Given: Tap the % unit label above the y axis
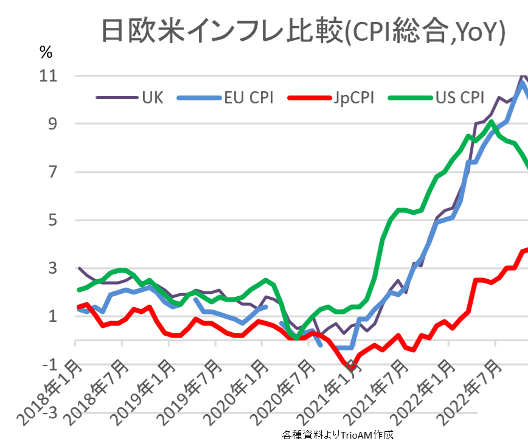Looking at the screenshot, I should (46, 53).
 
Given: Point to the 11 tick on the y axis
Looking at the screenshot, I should (49, 76).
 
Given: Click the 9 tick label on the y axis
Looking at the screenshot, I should (52, 124).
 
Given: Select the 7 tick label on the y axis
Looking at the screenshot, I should (52, 172).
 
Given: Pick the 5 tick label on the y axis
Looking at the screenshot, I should (52, 220).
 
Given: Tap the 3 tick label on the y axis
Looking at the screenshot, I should (52, 268).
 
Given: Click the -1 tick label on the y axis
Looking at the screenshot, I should (49, 364).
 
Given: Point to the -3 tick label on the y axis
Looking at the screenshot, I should (49, 412).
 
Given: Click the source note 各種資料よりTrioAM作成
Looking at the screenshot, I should (338, 435).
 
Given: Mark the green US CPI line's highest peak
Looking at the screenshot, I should (491, 122).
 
